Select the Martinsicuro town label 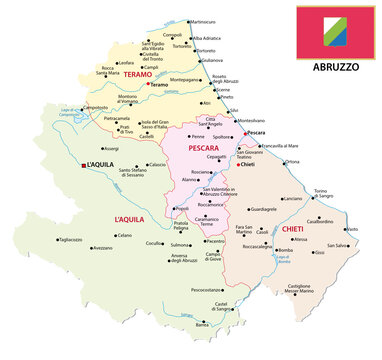tap(204, 21)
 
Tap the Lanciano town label tap(292, 199)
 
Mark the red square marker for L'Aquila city tap(84, 164)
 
